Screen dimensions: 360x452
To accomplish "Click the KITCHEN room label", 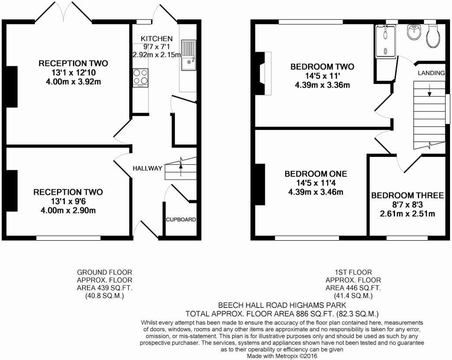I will tap(157, 39).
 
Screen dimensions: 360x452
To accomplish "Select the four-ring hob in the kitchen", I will tap(140, 78).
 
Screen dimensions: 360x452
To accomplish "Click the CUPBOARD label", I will tap(181, 220).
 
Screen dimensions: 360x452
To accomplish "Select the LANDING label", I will tap(431, 73).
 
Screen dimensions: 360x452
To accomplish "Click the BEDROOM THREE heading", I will tap(407, 196).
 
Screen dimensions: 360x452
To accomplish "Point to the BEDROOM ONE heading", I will tap(316, 174).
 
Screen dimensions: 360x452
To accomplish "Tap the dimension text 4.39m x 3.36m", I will tap(322, 85).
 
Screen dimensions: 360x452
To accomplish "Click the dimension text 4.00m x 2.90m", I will tap(68, 210).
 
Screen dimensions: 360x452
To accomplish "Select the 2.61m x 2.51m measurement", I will tap(407, 214).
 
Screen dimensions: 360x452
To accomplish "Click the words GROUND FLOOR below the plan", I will tap(105, 273).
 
